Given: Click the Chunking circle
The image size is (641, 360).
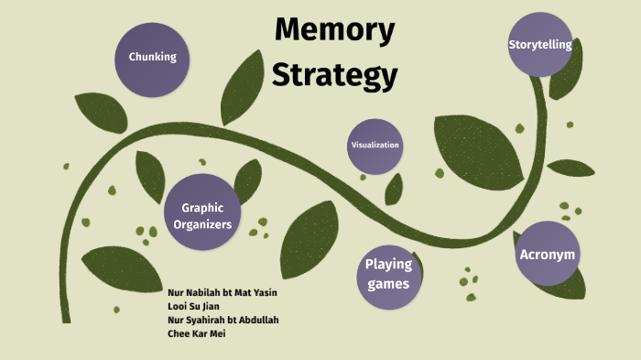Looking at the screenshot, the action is pos(152,60).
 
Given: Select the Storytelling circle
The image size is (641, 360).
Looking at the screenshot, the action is pos(540,44).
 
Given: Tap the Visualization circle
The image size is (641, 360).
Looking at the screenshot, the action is pos(375,147).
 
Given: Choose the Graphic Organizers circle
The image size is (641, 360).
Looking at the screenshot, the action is pos(202,212).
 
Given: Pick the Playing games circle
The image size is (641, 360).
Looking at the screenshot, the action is pos(389,278).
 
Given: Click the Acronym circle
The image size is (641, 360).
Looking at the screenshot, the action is pos(548,254).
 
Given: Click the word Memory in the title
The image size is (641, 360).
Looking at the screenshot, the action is pos(335,29).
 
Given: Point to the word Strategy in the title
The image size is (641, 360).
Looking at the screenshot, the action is pos(335,75).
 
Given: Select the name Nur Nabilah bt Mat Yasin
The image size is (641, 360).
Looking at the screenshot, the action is pos(223,292).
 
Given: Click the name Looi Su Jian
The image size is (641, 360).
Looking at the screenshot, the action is pos(193,306).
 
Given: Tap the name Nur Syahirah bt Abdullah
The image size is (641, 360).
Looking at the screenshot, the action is pos(223,320).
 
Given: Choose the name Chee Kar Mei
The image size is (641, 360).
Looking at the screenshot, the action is pos(197,333).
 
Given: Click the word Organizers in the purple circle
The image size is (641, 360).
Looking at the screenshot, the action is pos(202,224).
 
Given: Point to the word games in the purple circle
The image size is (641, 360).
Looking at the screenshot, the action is pos(388,284).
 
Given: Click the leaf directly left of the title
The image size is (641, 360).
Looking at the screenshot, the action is pos(242,88).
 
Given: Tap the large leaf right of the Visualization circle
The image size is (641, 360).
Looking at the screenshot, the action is pos(477,152).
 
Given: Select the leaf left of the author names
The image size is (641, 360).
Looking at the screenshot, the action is pos(122,268).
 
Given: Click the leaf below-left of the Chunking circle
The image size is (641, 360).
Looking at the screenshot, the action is pos(102,113).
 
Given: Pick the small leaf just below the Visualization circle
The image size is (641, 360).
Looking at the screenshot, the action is pos(394,190).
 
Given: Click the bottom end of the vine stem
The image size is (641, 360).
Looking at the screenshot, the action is pos(66,322).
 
